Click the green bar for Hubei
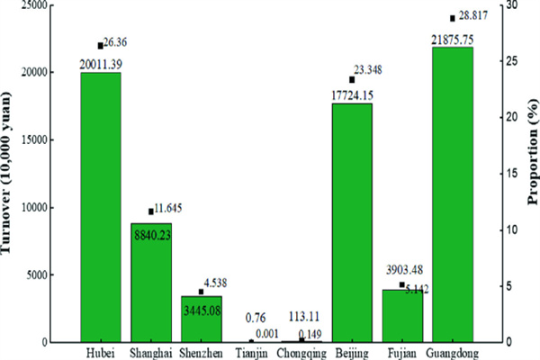point(100,207)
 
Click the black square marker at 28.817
point(453,18)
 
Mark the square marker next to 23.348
point(352,79)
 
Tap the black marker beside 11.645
point(151,211)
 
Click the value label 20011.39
point(101,66)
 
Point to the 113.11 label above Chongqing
point(301,318)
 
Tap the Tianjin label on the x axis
point(250,352)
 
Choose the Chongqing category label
point(301,352)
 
